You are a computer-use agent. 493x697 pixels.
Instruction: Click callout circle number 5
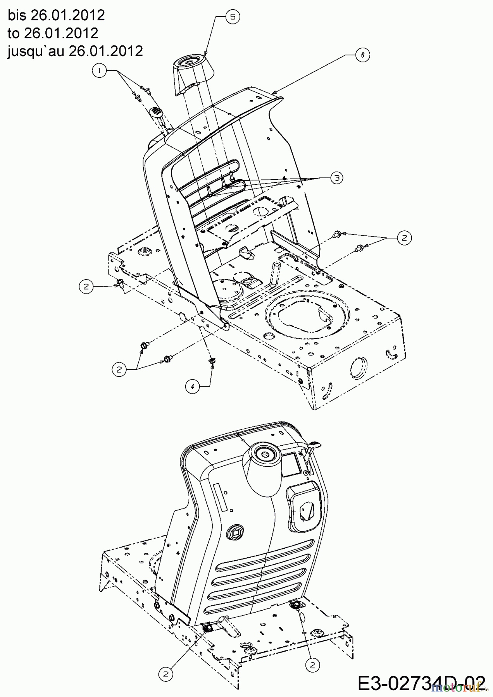coord(232,16)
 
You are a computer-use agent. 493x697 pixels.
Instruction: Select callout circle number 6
coord(362,55)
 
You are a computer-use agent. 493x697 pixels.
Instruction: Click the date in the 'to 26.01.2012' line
coord(61,33)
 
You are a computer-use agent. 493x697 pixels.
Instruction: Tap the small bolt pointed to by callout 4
coord(212,361)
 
